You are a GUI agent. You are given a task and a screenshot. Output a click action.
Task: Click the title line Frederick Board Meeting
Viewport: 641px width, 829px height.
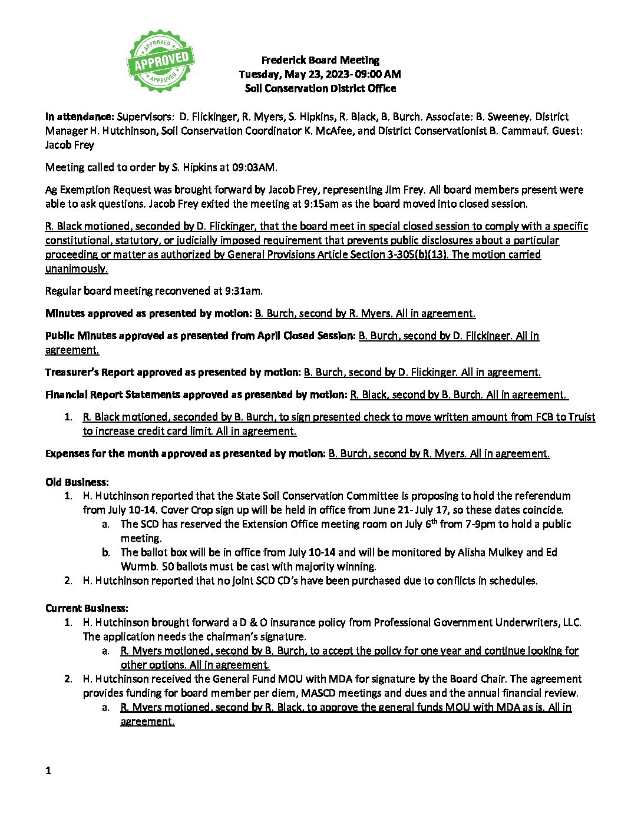[320, 60]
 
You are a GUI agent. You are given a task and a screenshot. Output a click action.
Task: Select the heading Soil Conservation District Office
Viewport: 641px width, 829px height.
[320, 88]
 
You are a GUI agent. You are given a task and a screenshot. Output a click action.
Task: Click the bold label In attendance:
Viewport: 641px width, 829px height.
[80, 117]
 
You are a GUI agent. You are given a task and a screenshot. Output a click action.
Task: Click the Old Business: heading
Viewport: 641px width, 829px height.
[77, 482]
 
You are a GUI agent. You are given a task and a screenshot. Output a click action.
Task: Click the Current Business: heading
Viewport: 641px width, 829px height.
[87, 608]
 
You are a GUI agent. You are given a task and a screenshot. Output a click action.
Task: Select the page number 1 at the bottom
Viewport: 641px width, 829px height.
[48, 771]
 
